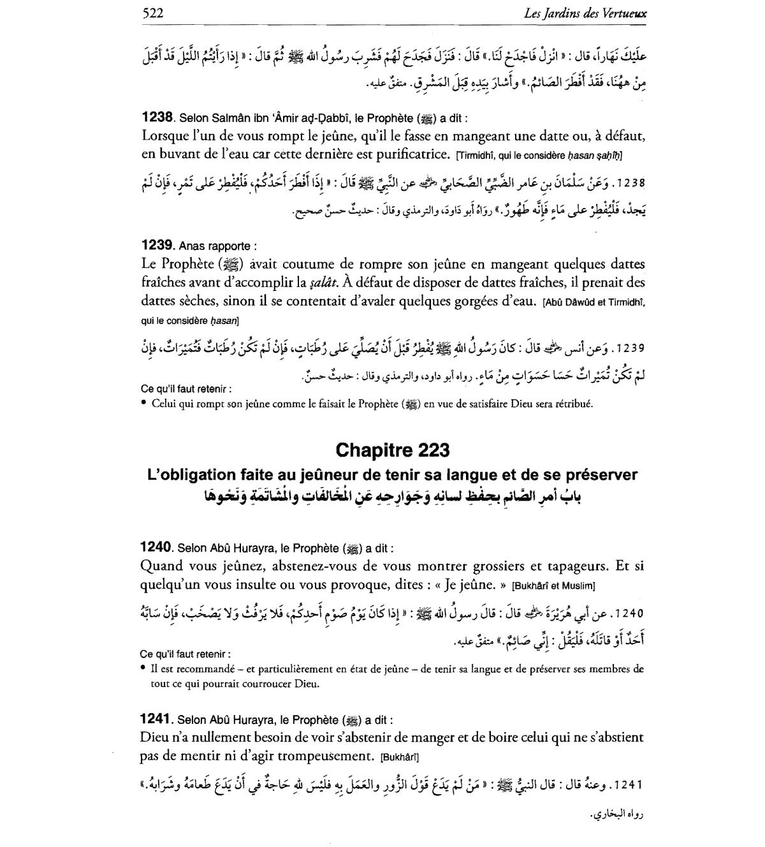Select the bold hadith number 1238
click(x=157, y=117)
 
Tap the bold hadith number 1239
click(x=157, y=245)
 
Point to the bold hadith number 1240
click(x=156, y=547)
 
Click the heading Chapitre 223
click(x=392, y=450)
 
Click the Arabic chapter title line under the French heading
click(x=391, y=496)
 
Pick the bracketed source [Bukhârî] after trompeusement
click(x=398, y=758)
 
